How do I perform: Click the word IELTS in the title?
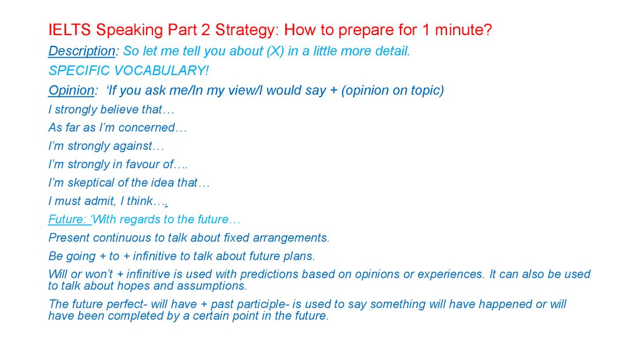point(69,30)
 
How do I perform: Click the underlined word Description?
point(82,51)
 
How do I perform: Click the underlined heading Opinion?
point(71,90)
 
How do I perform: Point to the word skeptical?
point(91,183)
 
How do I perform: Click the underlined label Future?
point(68,220)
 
